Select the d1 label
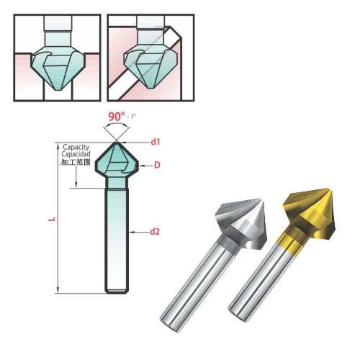[x=155, y=142]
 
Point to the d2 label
[x=155, y=232]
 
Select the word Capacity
[x=76, y=147]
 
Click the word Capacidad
[x=76, y=154]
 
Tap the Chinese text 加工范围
[x=76, y=163]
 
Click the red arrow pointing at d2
[x=138, y=232]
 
